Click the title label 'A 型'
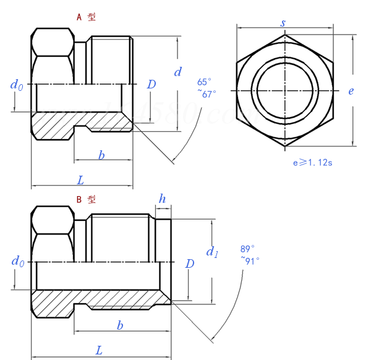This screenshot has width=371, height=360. coord(86,17)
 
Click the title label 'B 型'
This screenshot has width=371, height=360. coord(86,199)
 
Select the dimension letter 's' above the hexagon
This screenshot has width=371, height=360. coord(283,23)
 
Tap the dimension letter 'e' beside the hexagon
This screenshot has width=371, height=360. coord(351,91)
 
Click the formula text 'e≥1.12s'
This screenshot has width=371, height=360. coord(313,163)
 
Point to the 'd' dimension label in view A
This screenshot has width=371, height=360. coord(177,72)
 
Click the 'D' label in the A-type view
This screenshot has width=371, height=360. coord(151,84)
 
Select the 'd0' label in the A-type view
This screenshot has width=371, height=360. coord(17,85)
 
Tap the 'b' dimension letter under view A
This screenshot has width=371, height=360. coord(101,155)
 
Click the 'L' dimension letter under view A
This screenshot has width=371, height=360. coord(80,180)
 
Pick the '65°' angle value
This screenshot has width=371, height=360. coord(204,82)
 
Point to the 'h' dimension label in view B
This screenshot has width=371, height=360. coord(162,199)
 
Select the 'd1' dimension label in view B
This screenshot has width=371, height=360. coord(211,252)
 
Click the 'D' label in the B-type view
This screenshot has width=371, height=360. coord(190,264)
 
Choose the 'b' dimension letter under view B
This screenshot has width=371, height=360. coord(120,325)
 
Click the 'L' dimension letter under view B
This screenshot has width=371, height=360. coord(99,350)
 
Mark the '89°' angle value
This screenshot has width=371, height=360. coord(247,249)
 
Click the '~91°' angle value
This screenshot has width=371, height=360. coord(249,261)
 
